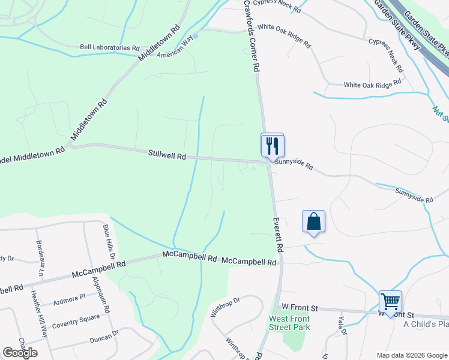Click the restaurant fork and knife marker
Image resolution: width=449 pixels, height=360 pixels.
click(272, 145)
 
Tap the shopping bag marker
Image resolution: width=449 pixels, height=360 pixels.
click(313, 222)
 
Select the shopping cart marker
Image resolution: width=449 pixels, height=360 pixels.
click(390, 301)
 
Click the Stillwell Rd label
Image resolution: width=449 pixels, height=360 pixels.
click(167, 155)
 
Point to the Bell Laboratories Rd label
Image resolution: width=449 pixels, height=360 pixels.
click(110, 47)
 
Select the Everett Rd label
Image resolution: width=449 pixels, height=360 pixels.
click(278, 235)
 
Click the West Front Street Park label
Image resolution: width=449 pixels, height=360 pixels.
click(289, 323)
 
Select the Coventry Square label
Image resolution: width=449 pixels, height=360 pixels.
click(75, 318)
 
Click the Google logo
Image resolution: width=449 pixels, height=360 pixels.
click(20, 353)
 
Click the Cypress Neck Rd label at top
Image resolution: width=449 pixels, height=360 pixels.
click(276, 3)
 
